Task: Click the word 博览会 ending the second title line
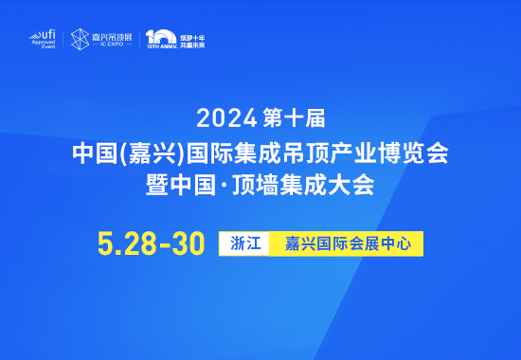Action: [x=418, y=152]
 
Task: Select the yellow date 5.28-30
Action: [x=152, y=243]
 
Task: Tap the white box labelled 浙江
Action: [x=245, y=243]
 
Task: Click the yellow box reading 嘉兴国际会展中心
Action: [x=347, y=243]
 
